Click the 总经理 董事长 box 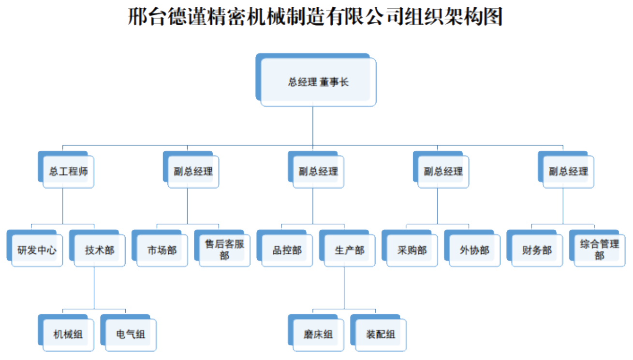tap(318, 82)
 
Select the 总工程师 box tap(68, 172)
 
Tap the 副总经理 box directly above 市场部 tap(193, 172)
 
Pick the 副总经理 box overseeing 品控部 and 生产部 tap(318, 172)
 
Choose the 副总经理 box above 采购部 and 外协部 tap(443, 172)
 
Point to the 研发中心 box tap(37, 250)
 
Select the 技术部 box tap(100, 250)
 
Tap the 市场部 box tap(162, 250)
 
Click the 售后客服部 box tap(224, 250)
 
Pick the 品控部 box tap(287, 250)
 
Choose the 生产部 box tap(349, 250)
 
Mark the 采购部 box tap(412, 250)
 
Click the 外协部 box tap(474, 250)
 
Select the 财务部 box tap(537, 250)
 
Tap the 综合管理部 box tap(599, 250)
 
